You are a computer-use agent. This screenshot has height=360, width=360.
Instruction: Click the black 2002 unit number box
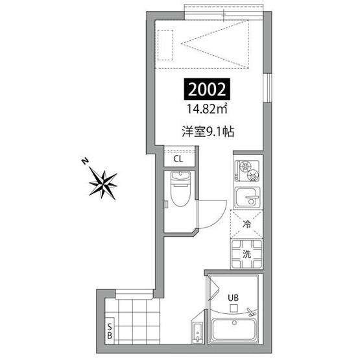pos(207,90)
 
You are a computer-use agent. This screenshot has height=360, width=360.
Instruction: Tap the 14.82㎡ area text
pos(207,109)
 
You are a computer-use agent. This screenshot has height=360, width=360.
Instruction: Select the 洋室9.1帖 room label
pos(208,132)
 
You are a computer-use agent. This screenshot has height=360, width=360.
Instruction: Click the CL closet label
pos(178,159)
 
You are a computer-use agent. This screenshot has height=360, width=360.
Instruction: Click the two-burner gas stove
pos(247,171)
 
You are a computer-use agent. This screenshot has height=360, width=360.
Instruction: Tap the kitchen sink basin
pos(247,198)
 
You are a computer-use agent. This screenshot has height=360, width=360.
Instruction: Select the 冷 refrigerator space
pos(246,224)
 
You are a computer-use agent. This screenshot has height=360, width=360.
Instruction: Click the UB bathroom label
pos(234,298)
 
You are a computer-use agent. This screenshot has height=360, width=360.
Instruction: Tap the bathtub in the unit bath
pos(234,330)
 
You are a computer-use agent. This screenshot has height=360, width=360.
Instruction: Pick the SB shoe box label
pos(110,331)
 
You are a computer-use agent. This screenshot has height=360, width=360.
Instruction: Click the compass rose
pos(103,184)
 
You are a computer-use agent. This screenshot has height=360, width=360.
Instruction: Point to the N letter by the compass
pos(85,162)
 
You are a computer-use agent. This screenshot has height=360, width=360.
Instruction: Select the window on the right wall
pos(267,88)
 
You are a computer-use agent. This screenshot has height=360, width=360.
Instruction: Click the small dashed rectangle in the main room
pos(165,45)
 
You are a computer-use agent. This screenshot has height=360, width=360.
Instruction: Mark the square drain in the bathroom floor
pos(234,308)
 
